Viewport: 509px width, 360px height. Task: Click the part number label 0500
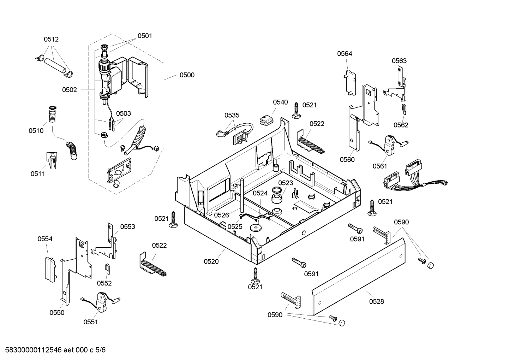(x=187, y=75)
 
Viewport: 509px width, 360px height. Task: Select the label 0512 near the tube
(x=51, y=40)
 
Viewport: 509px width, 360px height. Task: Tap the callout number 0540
(x=280, y=102)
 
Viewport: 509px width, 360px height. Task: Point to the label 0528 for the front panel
(x=377, y=301)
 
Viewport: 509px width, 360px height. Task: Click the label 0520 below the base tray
(x=211, y=261)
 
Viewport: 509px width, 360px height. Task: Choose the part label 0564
(x=345, y=54)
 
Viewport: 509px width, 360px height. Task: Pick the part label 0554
(x=45, y=239)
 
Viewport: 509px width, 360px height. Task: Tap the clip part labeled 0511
(x=51, y=160)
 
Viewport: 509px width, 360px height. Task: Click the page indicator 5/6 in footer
(x=101, y=350)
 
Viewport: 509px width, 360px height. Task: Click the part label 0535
(x=232, y=115)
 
